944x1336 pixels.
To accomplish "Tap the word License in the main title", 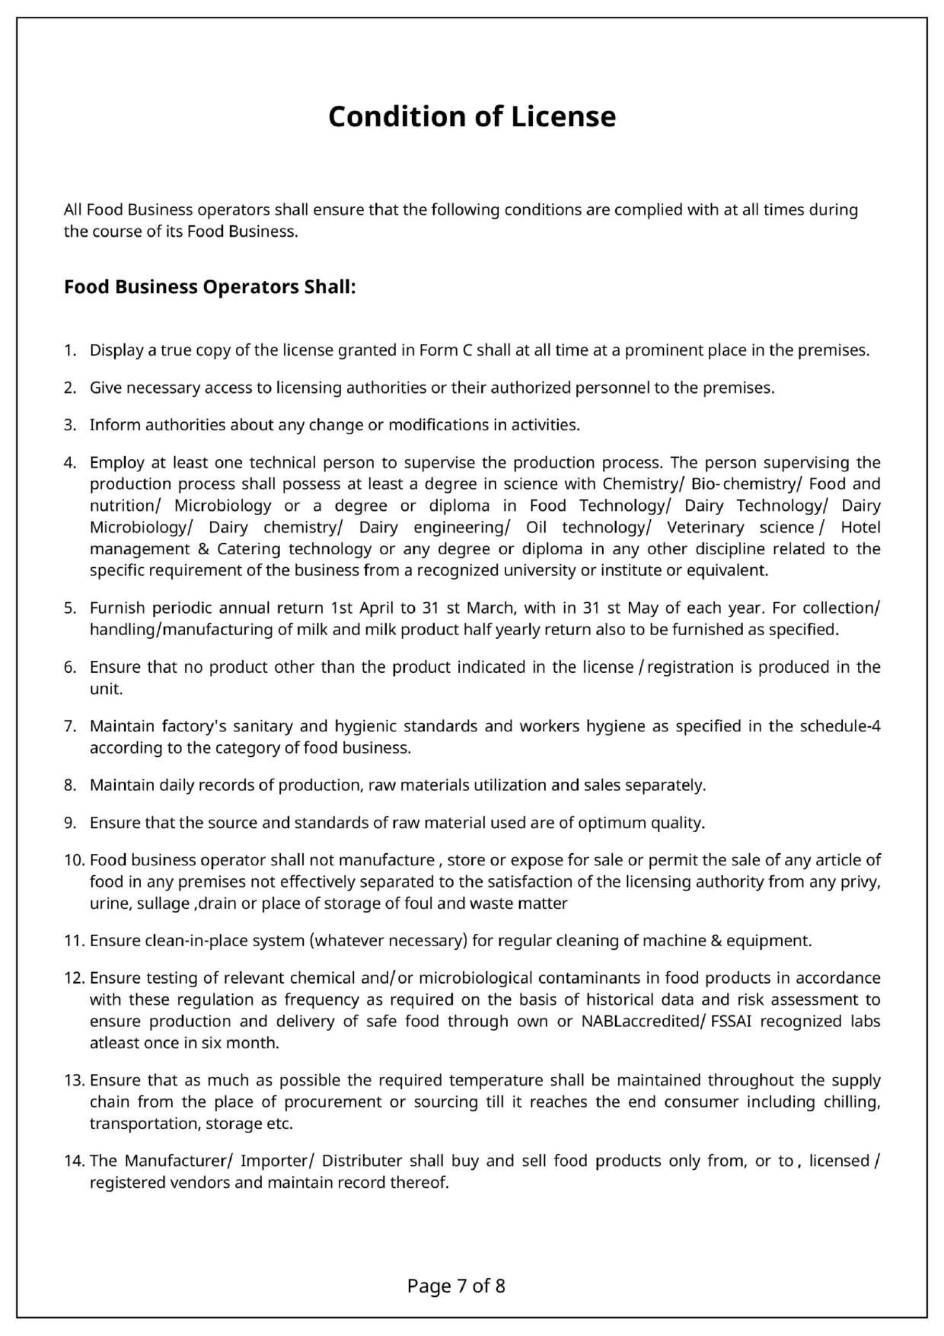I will pos(563,117).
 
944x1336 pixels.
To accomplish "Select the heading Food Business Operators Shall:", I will pos(210,288).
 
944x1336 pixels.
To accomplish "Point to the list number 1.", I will pos(70,351).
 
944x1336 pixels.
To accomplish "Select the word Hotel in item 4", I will pos(860,527).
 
